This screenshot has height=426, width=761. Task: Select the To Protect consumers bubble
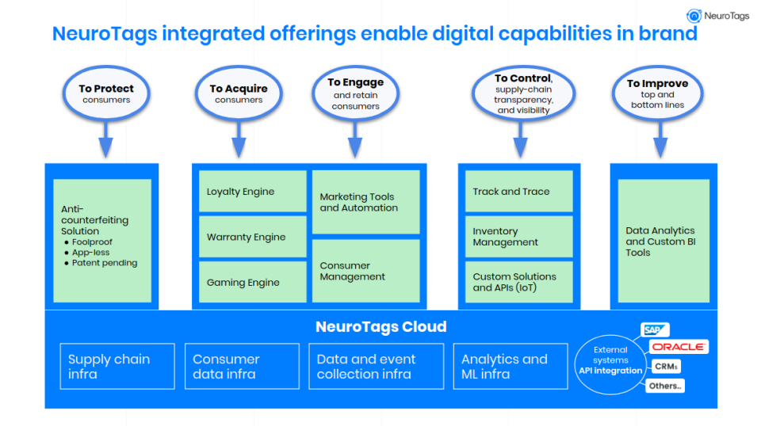tap(106, 93)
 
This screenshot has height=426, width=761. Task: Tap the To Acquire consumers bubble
tap(239, 93)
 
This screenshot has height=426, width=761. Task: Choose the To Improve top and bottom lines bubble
tap(657, 93)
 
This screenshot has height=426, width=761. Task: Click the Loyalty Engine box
tap(252, 192)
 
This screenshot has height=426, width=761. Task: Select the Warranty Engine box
tap(252, 237)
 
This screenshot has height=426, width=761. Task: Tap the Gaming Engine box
tap(252, 282)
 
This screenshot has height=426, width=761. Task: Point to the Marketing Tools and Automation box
tap(365, 202)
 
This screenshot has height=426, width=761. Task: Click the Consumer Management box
tap(365, 271)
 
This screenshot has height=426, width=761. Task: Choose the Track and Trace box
tap(518, 191)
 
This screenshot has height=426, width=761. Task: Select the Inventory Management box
tap(518, 237)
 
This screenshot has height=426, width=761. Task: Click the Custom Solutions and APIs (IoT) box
tap(518, 282)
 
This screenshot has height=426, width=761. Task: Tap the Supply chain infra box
tap(117, 366)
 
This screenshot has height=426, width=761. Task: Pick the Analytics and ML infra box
tap(510, 366)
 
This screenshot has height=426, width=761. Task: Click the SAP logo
tap(655, 329)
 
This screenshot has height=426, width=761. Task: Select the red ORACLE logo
tap(679, 348)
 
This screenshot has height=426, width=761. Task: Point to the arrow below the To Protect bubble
tap(105, 143)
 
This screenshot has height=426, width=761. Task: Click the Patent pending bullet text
tap(104, 263)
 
